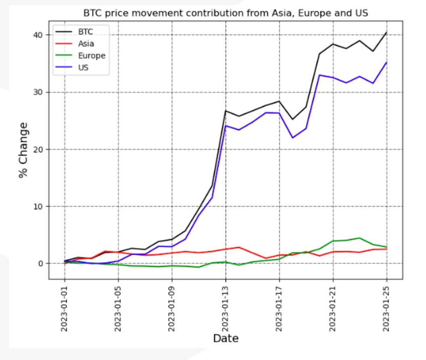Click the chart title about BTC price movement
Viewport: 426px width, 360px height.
click(226, 13)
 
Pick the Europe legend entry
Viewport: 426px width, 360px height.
click(91, 56)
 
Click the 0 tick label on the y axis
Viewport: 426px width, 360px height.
click(41, 264)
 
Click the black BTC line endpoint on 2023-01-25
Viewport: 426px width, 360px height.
click(386, 32)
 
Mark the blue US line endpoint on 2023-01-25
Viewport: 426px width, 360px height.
click(386, 62)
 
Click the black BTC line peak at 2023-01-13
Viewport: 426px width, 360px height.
click(226, 110)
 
